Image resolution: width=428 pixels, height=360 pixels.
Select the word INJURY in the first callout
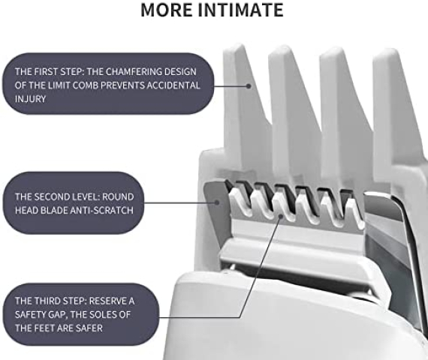point(30,99)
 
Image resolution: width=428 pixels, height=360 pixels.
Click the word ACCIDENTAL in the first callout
point(173,85)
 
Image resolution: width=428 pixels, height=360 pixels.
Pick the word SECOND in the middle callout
point(52,196)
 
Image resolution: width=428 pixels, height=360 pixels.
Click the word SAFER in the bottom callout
point(89,328)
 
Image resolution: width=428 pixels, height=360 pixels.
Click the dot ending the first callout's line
point(249,86)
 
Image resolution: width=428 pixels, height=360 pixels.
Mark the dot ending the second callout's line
point(217,202)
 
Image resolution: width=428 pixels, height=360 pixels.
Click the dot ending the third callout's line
point(280,216)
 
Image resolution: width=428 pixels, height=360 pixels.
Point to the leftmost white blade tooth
point(237,202)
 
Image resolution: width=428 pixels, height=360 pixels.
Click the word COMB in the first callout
point(87,85)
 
